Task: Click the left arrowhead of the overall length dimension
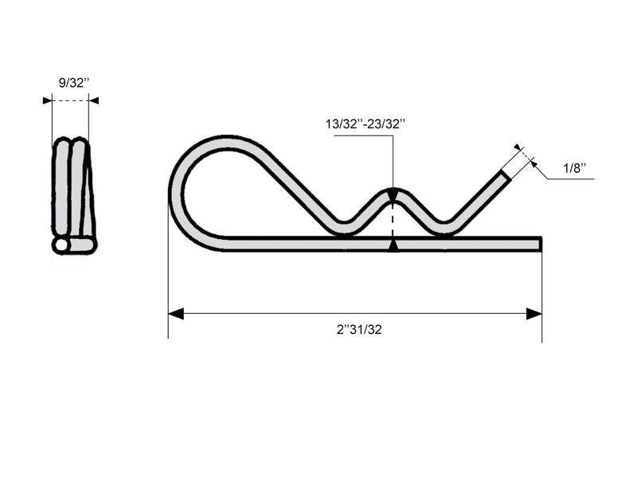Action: [x=176, y=314]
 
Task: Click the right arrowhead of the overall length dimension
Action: [x=534, y=314]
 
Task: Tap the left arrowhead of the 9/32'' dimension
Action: [x=47, y=100]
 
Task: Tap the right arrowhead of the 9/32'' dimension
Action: [x=94, y=100]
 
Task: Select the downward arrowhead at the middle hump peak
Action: [x=393, y=194]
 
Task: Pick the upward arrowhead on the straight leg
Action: [x=393, y=246]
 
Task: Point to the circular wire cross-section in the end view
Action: [x=61, y=245]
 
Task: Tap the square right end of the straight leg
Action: [x=541, y=244]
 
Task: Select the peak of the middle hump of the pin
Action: [x=393, y=190]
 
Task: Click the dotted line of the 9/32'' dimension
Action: [x=70, y=100]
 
